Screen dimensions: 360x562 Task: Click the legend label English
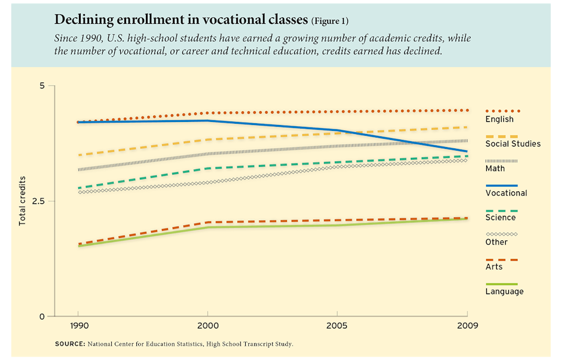499,120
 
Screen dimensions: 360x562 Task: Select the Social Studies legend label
512,144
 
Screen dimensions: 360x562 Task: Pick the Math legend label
494,169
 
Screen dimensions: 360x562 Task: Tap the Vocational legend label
506,193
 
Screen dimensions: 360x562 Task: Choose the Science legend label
500,218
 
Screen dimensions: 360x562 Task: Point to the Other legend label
496,242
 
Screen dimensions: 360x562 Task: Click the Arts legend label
494,267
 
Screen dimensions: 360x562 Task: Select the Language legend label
504,292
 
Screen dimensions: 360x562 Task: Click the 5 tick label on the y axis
42,86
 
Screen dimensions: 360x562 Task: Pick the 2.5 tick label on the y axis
39,202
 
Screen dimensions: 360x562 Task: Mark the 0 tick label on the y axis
42,316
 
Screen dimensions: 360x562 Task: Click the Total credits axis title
23,201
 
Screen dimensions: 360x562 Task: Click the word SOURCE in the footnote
69,344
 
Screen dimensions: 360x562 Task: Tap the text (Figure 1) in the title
329,22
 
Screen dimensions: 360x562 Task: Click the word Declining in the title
81,20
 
